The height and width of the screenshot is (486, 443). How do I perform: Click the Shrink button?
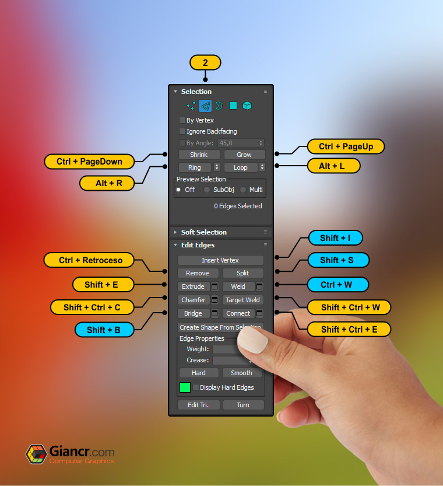(x=199, y=155)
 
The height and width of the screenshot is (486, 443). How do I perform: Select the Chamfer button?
(x=193, y=300)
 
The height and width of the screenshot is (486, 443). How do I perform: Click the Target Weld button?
(x=243, y=300)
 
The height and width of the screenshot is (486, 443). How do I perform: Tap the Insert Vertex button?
(x=220, y=260)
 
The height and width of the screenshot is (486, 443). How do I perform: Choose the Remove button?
(x=198, y=273)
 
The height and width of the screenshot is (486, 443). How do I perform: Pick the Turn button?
(x=243, y=405)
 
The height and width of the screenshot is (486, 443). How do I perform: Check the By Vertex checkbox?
(x=182, y=120)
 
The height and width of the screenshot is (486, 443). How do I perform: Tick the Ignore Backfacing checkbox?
(x=182, y=131)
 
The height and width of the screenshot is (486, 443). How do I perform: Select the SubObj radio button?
(x=207, y=190)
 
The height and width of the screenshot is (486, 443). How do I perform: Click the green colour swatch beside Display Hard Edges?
(x=185, y=387)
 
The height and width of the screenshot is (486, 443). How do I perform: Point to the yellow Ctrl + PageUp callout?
(x=346, y=146)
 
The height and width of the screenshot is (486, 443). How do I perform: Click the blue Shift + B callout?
(x=104, y=330)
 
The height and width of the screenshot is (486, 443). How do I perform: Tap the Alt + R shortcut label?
(x=109, y=183)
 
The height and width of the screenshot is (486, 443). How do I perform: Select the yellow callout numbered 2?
(x=205, y=63)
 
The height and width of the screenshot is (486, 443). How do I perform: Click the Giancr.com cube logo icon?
(x=36, y=454)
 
